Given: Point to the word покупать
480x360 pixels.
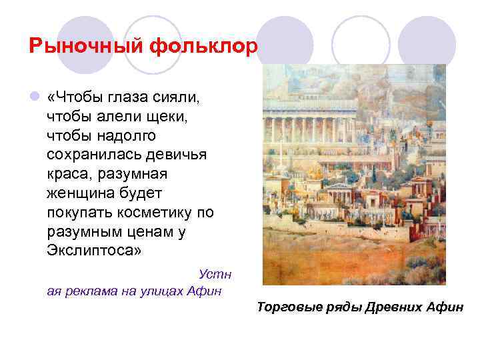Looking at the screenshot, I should pos(77,213).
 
